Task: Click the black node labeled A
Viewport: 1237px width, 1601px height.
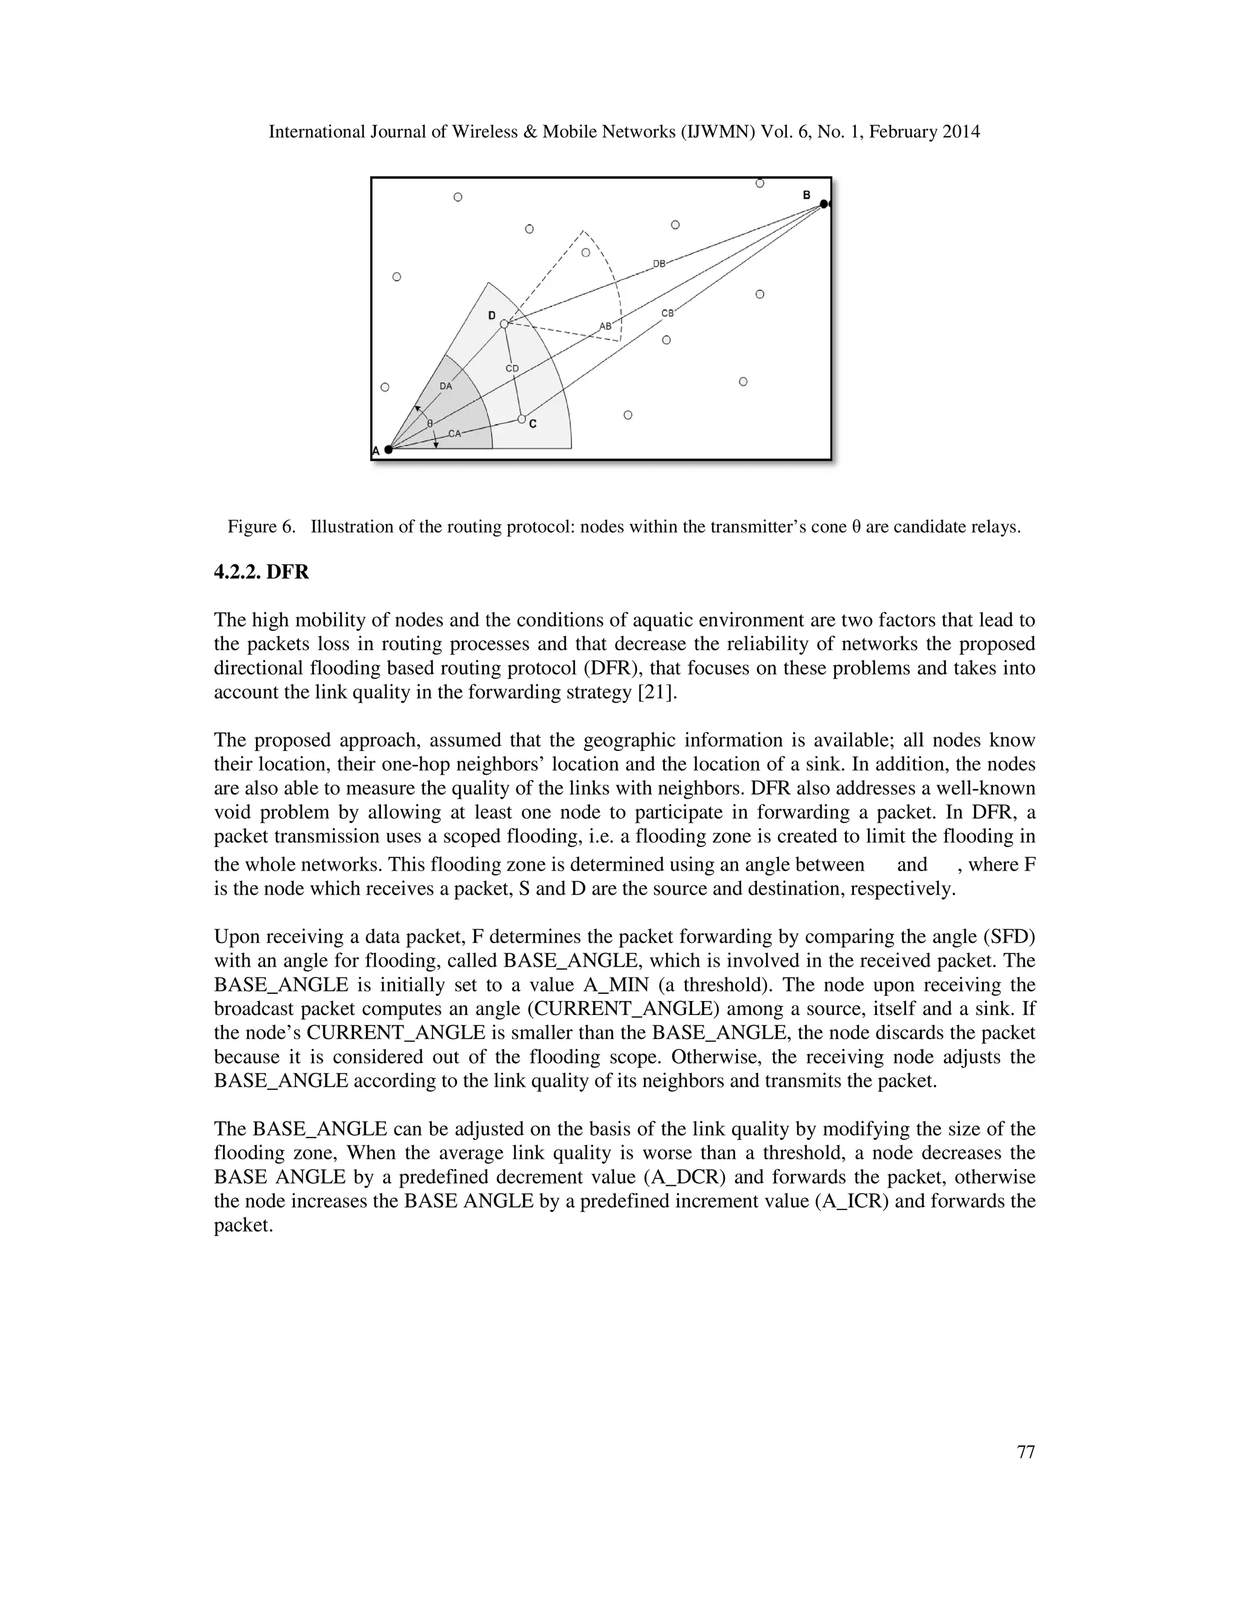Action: [x=388, y=449]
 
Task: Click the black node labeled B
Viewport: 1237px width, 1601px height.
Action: [x=823, y=204]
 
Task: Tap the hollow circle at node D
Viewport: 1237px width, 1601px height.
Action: [x=504, y=323]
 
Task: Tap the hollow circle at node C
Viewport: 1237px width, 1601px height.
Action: [x=522, y=419]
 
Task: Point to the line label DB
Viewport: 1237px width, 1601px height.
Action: [x=659, y=264]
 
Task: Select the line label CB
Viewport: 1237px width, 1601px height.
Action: [x=667, y=313]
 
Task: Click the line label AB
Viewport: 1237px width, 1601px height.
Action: [x=605, y=326]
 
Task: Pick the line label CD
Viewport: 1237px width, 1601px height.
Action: [x=512, y=368]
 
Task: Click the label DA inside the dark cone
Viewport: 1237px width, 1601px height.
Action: [x=446, y=385]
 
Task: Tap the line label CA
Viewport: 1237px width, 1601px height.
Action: [x=455, y=433]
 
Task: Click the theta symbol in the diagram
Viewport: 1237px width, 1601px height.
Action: [x=430, y=424]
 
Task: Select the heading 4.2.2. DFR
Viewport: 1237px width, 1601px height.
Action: [x=261, y=573]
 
